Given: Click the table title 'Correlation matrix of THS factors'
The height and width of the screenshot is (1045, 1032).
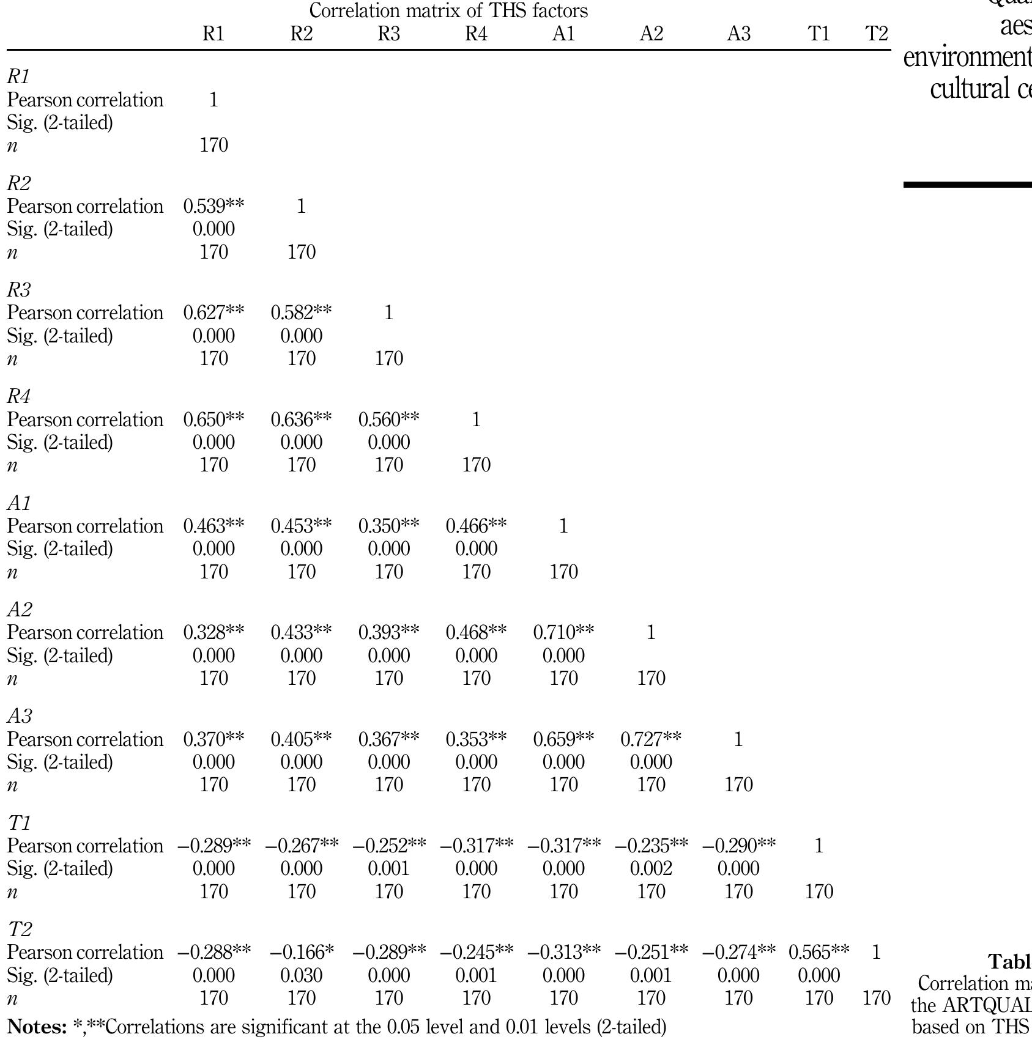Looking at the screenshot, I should click(x=448, y=10).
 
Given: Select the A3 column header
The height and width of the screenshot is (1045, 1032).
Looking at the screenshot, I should click(x=738, y=34).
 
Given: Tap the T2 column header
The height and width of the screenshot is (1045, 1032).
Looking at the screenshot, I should click(x=876, y=34).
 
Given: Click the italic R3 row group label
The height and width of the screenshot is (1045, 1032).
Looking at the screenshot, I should click(x=19, y=290).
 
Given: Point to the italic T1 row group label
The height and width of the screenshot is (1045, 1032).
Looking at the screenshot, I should click(x=19, y=823).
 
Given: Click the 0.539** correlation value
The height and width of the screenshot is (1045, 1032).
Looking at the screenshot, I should click(x=213, y=206).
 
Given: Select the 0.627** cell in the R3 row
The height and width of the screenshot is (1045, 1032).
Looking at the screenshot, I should click(x=213, y=312).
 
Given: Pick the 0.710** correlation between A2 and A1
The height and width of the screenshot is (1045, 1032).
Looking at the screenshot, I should click(x=563, y=632).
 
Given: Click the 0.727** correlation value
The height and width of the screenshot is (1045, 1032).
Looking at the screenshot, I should click(x=651, y=739).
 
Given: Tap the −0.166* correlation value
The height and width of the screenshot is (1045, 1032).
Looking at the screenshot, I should click(x=302, y=952).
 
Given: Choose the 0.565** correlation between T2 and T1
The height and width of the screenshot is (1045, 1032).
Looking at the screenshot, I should click(x=819, y=952).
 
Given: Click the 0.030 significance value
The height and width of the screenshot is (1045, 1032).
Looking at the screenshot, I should click(x=302, y=975).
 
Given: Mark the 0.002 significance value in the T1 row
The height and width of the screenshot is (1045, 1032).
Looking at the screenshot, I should click(x=651, y=868).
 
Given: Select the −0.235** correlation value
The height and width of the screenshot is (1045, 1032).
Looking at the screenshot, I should click(x=651, y=846).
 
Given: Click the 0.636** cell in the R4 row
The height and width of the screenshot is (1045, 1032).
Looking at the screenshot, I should click(x=302, y=419).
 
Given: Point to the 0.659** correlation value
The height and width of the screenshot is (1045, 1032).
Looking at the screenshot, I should click(x=563, y=739).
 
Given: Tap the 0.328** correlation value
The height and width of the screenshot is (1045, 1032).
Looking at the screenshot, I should click(x=213, y=632).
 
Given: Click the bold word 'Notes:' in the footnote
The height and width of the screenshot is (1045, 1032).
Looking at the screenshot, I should click(x=37, y=1027).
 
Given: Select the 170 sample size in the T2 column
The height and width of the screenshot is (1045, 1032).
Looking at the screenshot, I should click(x=876, y=998).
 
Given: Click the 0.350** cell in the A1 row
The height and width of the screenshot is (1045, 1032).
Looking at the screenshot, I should click(x=389, y=526).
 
